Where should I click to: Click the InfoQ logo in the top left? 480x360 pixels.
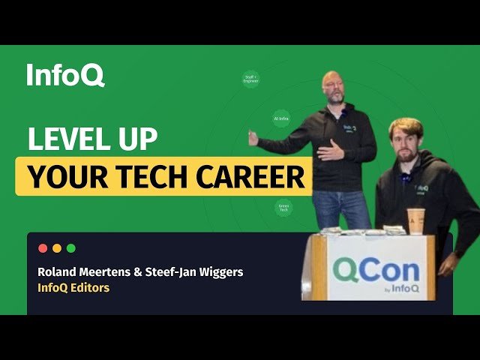click(x=65, y=75)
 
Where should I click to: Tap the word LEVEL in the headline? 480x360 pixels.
click(x=67, y=139)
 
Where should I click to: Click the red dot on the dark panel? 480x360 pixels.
click(x=43, y=248)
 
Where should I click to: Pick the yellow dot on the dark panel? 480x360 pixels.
click(x=57, y=248)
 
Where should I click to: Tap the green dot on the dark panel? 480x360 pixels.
click(x=71, y=248)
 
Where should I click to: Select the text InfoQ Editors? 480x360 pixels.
click(x=73, y=288)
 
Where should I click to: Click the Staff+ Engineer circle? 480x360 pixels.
click(x=251, y=79)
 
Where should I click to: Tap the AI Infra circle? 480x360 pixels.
click(x=281, y=118)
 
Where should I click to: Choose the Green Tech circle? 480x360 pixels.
click(x=283, y=208)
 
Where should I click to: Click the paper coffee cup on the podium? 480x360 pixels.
click(x=415, y=220)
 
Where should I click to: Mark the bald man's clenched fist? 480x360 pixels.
click(x=253, y=138)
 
